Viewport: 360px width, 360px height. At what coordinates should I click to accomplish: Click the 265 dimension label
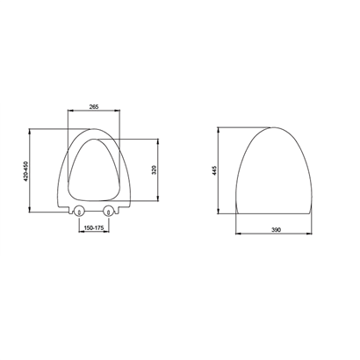click(x=94, y=107)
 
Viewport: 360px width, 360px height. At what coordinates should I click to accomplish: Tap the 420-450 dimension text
click(x=25, y=171)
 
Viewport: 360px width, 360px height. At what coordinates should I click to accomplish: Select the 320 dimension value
click(x=155, y=170)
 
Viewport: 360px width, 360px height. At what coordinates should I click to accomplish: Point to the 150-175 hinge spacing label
click(x=94, y=228)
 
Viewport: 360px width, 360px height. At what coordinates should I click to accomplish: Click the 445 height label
click(x=214, y=170)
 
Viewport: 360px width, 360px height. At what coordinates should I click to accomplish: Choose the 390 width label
click(x=276, y=230)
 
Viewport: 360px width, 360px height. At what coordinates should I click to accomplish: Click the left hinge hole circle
click(x=79, y=210)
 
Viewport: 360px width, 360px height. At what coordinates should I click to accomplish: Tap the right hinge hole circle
click(x=109, y=210)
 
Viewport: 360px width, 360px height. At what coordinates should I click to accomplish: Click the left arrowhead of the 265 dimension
click(x=70, y=111)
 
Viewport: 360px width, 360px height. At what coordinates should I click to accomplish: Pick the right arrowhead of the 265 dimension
click(x=118, y=111)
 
